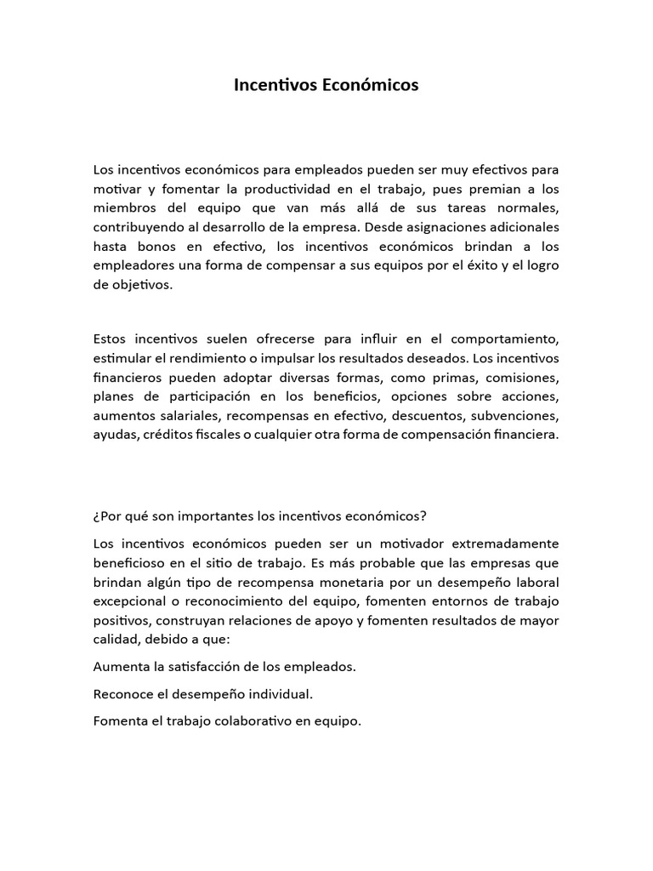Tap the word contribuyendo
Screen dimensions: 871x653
(137, 227)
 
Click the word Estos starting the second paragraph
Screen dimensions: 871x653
(111, 338)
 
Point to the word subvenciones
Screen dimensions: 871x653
(512, 416)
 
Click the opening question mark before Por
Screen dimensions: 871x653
(96, 516)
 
